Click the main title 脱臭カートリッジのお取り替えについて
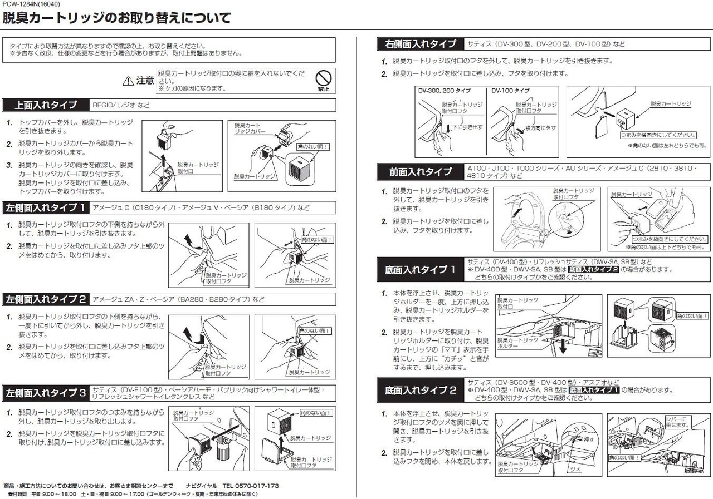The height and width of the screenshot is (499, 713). tap(117, 19)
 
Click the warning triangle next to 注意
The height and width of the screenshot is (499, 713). tap(128, 81)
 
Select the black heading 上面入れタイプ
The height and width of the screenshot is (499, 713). tap(46, 105)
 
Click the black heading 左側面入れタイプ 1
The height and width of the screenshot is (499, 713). tap(46, 208)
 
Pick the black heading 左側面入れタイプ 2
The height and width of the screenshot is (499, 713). tap(46, 299)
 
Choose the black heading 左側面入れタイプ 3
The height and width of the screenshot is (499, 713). tap(46, 393)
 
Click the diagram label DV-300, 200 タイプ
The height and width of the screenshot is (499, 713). tap(444, 91)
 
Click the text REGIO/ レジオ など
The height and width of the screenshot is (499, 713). tap(121, 105)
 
